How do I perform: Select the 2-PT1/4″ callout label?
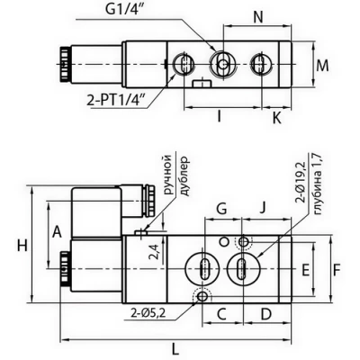[117, 100]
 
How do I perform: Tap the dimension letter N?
[257, 18]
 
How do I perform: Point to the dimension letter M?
[322, 66]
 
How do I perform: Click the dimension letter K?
[276, 119]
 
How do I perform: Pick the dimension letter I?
[220, 116]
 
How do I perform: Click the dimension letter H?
[22, 245]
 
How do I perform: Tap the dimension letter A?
[57, 232]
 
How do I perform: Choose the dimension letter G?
[221, 209]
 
